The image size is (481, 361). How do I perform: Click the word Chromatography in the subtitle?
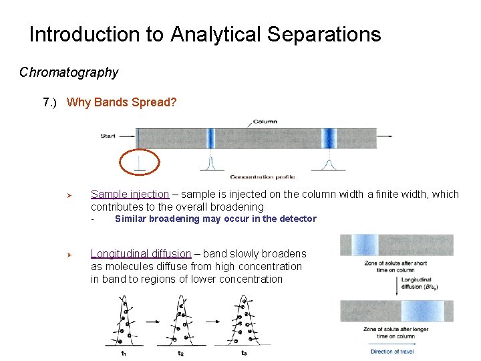(69, 72)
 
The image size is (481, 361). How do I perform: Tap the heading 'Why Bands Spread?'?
(122, 103)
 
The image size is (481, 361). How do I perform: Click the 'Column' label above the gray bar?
(265, 122)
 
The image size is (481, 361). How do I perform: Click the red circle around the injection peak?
(140, 162)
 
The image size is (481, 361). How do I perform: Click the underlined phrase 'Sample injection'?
(130, 195)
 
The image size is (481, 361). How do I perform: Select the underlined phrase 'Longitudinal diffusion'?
(141, 254)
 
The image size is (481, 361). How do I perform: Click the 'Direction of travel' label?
(391, 352)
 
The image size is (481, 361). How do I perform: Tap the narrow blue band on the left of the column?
(210, 138)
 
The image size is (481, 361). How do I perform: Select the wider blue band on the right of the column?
(329, 138)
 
